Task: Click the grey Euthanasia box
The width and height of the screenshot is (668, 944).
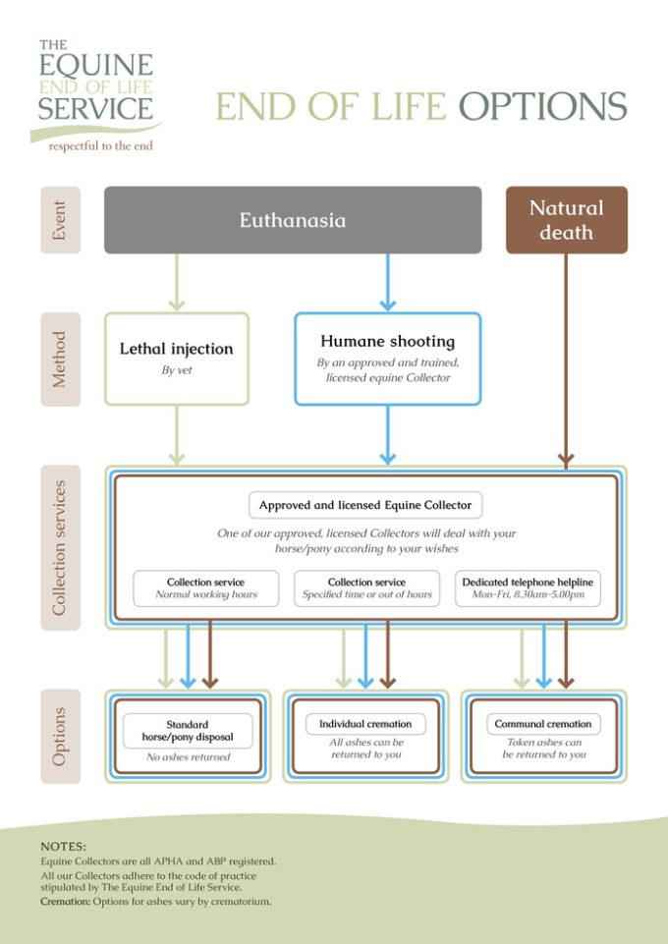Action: (293, 220)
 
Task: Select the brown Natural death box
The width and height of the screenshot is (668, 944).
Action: (566, 220)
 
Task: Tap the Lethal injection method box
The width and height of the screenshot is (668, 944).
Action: (176, 359)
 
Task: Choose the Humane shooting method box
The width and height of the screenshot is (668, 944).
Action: (388, 359)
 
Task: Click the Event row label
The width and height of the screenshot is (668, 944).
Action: (60, 220)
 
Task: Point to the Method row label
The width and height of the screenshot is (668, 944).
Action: (60, 359)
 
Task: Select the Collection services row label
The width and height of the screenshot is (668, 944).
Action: (60, 547)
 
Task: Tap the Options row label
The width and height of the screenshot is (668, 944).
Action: (60, 737)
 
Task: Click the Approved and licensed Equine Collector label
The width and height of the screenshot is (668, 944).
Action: (365, 505)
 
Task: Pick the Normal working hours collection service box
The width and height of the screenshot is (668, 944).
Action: (206, 588)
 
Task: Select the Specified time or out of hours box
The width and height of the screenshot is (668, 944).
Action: (367, 588)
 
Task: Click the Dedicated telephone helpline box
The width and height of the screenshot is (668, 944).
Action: (528, 588)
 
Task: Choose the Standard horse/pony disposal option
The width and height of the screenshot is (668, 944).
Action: (188, 737)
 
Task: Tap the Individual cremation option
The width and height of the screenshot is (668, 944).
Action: (365, 737)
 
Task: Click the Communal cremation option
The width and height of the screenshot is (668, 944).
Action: (544, 737)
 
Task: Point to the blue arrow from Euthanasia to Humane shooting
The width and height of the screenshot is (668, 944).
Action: (388, 282)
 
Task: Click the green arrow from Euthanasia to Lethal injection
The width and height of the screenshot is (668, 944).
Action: (176, 282)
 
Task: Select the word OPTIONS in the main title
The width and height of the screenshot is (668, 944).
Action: (543, 106)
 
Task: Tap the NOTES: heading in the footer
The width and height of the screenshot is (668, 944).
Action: (63, 847)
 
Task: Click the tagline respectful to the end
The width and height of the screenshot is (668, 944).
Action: (100, 145)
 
